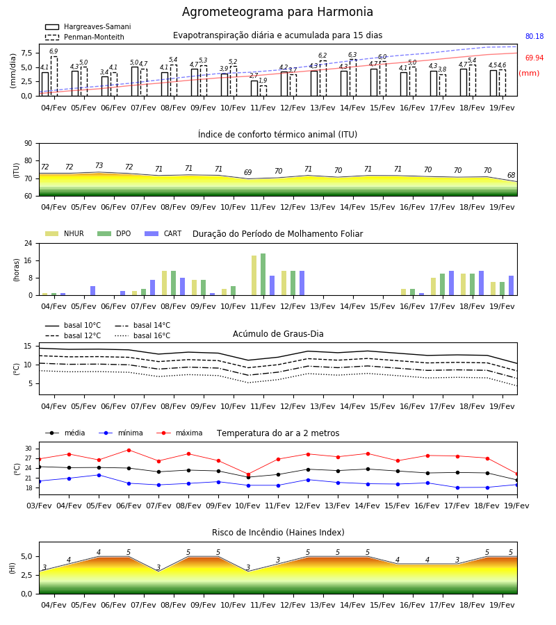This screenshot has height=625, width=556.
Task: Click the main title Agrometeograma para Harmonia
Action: pos(277,12)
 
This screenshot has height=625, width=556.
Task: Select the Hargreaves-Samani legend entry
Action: pos(88,26)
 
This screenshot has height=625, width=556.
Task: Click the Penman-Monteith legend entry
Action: pos(85,37)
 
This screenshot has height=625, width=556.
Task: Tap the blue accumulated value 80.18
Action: pos(534,36)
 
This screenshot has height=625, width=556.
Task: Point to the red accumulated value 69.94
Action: pos(534,58)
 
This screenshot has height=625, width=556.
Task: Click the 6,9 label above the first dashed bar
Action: pos(54,51)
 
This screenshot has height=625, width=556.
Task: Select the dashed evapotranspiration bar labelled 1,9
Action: pos(263,91)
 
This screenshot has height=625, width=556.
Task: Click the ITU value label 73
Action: pos(99,165)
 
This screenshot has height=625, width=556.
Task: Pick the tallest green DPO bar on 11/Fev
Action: pos(263,274)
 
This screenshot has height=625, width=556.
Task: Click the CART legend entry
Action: pos(163,233)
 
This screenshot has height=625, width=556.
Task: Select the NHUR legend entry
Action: pos(65,233)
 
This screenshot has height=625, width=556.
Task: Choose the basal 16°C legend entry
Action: pos(142,335)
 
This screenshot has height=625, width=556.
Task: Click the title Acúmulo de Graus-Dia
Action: pos(278,334)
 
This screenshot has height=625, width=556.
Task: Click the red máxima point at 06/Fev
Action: pos(129,450)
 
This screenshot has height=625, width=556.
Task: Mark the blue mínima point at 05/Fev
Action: pos(99,475)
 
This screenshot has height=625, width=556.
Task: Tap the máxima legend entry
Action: pos(179,433)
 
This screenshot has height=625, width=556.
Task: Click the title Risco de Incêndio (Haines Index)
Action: pos(278,533)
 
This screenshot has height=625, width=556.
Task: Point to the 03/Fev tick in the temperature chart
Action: pos(39,506)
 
